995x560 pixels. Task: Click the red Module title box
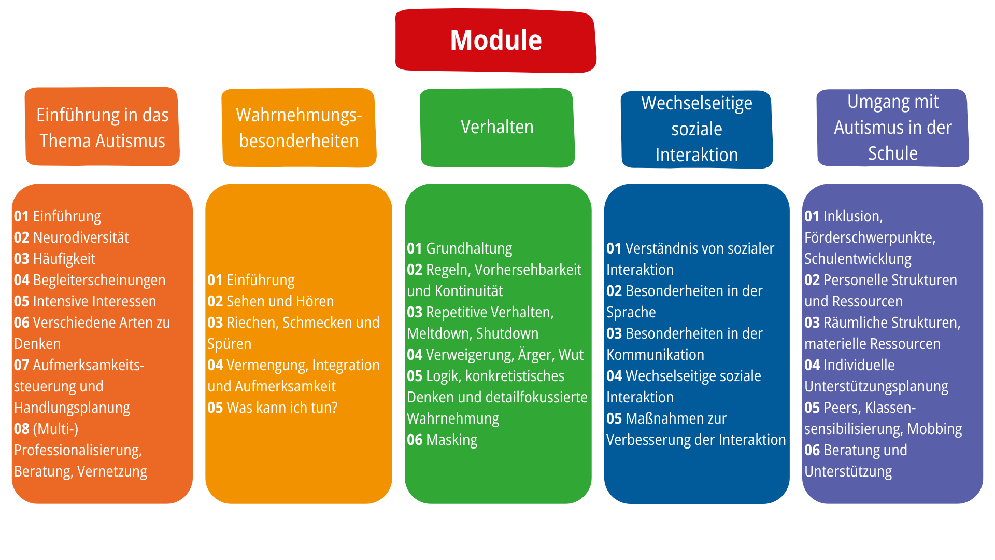(496, 40)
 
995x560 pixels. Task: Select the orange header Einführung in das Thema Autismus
(102, 128)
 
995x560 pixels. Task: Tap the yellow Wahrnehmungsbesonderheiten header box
(299, 128)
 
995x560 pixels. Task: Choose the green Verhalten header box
(497, 128)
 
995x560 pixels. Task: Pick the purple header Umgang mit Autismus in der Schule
(892, 128)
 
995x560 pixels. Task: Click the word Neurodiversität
(81, 237)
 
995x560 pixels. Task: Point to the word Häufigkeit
(64, 259)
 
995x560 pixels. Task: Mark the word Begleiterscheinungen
(99, 280)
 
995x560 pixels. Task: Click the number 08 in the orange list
(21, 429)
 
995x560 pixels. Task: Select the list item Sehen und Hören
(280, 301)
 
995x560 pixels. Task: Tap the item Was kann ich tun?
(282, 408)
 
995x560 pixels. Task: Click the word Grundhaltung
(469, 248)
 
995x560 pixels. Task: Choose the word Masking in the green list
(451, 440)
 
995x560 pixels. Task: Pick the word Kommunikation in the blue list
(655, 355)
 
